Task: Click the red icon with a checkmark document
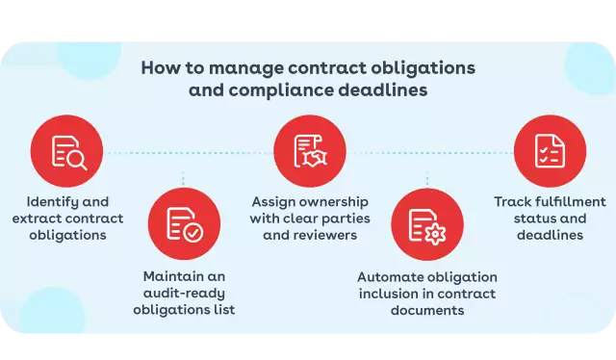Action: [184, 223]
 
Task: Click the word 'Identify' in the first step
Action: [54, 202]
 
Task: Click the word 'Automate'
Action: [389, 276]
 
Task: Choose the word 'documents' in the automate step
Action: [427, 310]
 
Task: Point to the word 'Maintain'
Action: [171, 276]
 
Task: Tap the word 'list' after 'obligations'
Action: [224, 310]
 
